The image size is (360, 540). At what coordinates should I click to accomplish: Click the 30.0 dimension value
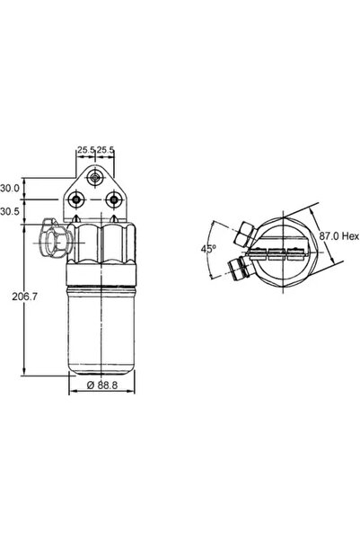pyautogui.click(x=10, y=188)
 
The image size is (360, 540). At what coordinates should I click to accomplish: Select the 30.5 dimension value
pyautogui.click(x=10, y=212)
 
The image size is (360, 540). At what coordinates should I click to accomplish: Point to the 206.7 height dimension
pyautogui.click(x=24, y=297)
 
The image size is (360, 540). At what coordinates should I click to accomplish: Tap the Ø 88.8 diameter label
pyautogui.click(x=102, y=385)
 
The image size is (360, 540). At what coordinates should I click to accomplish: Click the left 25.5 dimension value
pyautogui.click(x=85, y=150)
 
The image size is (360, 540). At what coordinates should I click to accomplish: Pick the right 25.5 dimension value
pyautogui.click(x=105, y=150)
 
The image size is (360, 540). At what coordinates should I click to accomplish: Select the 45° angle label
pyautogui.click(x=208, y=248)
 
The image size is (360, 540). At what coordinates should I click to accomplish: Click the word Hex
pyautogui.click(x=350, y=236)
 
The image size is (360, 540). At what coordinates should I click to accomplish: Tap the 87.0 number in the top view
pyautogui.click(x=329, y=236)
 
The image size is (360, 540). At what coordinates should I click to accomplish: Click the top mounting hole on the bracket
pyautogui.click(x=94, y=178)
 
